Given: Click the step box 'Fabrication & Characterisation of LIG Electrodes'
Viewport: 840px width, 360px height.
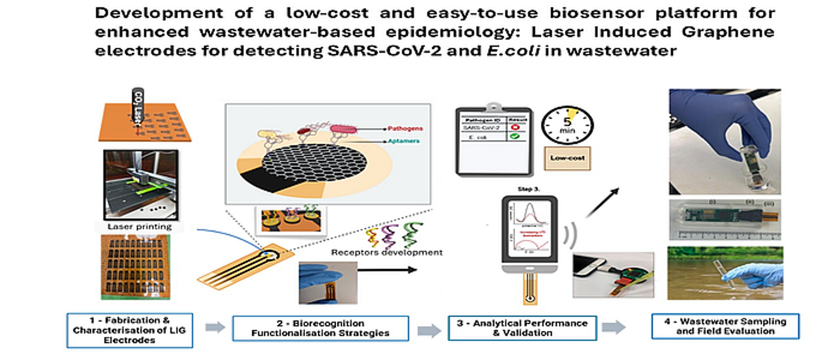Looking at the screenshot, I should point(130,329).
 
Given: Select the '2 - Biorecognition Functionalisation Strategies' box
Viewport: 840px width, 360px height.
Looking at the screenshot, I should point(320,328).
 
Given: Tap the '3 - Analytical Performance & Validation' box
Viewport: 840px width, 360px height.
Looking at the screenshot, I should point(522,328).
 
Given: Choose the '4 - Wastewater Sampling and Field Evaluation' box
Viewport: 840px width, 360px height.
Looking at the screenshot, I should point(725,326).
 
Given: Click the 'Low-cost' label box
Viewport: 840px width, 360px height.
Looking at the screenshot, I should point(566,160).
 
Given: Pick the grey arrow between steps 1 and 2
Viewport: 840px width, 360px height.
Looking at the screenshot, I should point(214,327).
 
